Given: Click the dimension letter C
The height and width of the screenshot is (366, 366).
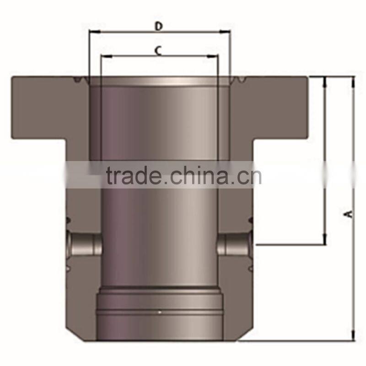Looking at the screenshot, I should tap(157, 51).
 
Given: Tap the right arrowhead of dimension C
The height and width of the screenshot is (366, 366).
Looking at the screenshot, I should tap(215, 56).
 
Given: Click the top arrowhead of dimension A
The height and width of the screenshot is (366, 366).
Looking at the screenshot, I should tap(353, 81).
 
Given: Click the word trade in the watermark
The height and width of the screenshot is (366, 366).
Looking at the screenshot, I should tap(133, 176).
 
